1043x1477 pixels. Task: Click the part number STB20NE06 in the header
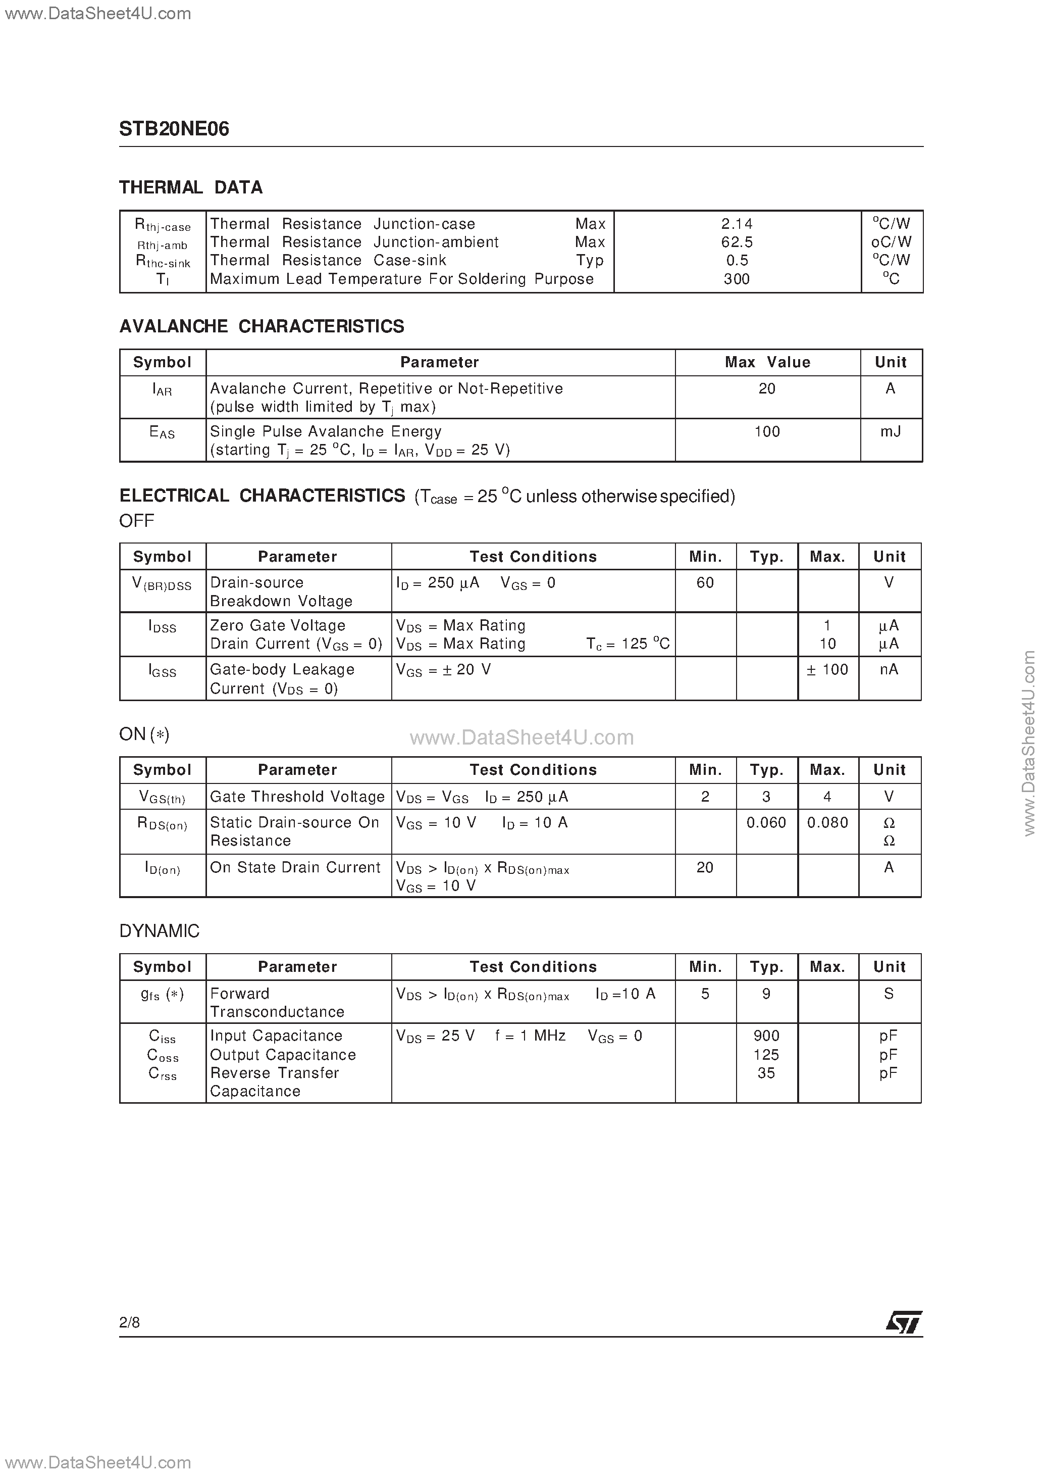pyautogui.click(x=174, y=129)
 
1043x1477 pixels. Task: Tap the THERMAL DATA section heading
pyautogui.click(x=191, y=188)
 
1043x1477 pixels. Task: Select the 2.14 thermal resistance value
pyautogui.click(x=737, y=224)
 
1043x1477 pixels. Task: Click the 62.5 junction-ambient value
pyautogui.click(x=737, y=242)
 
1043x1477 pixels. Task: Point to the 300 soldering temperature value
pyautogui.click(x=737, y=279)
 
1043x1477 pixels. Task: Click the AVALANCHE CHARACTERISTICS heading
pyautogui.click(x=262, y=327)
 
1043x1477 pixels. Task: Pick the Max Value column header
pyautogui.click(x=767, y=363)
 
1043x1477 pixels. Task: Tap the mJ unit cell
pyautogui.click(x=891, y=432)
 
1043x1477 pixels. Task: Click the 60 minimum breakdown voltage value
pyautogui.click(x=705, y=583)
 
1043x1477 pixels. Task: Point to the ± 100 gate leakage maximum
pyautogui.click(x=827, y=670)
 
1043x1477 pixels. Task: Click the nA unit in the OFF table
pyautogui.click(x=890, y=670)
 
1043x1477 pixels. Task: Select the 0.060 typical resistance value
pyautogui.click(x=766, y=823)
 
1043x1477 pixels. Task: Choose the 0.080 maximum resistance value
pyautogui.click(x=827, y=823)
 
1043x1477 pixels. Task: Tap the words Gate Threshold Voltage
pyautogui.click(x=297, y=797)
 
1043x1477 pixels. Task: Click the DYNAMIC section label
pyautogui.click(x=160, y=931)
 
